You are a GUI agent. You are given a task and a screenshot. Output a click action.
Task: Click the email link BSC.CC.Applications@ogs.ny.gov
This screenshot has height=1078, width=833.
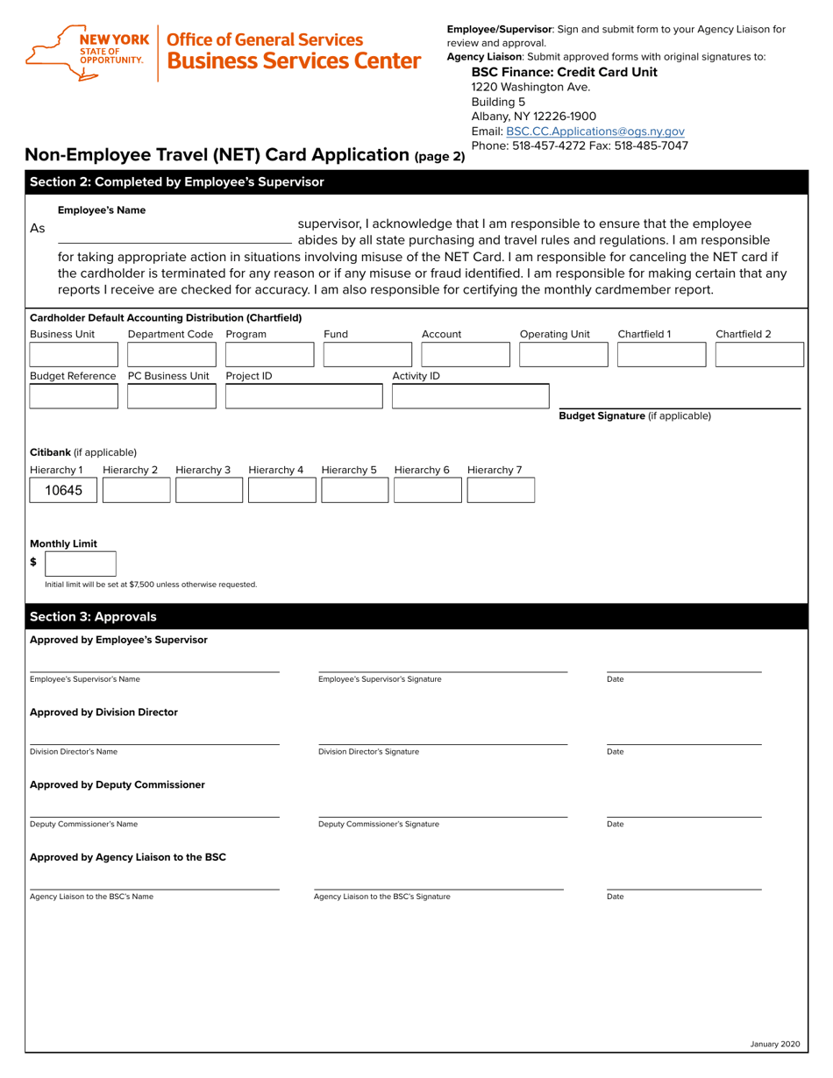pyautogui.click(x=594, y=131)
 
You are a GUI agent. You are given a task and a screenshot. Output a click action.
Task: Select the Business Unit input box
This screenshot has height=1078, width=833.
pyautogui.click(x=74, y=354)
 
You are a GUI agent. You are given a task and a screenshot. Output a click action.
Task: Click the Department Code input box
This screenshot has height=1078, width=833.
pyautogui.click(x=172, y=354)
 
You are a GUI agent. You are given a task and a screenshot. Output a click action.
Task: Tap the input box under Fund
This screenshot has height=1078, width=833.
pyautogui.click(x=367, y=354)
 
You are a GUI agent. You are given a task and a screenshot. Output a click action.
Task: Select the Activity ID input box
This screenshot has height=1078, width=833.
pyautogui.click(x=470, y=397)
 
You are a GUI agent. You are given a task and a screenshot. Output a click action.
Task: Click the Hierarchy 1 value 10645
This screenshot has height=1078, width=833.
pyautogui.click(x=63, y=491)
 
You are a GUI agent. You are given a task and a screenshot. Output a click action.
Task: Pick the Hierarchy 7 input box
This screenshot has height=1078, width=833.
pyautogui.click(x=500, y=491)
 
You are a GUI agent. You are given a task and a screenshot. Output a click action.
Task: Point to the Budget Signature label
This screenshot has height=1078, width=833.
pyautogui.click(x=635, y=415)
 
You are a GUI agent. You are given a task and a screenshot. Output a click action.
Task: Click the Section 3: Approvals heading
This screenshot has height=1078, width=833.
pyautogui.click(x=94, y=616)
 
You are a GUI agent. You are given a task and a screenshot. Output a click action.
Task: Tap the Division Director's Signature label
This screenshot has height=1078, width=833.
pyautogui.click(x=368, y=752)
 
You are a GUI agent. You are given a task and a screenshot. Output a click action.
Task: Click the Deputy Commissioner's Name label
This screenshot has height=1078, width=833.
pyautogui.click(x=83, y=824)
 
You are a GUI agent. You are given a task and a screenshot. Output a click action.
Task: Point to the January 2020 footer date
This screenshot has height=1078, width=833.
pyautogui.click(x=775, y=1044)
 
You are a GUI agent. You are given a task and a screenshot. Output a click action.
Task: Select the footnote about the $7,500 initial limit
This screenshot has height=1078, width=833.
pyautogui.click(x=151, y=585)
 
